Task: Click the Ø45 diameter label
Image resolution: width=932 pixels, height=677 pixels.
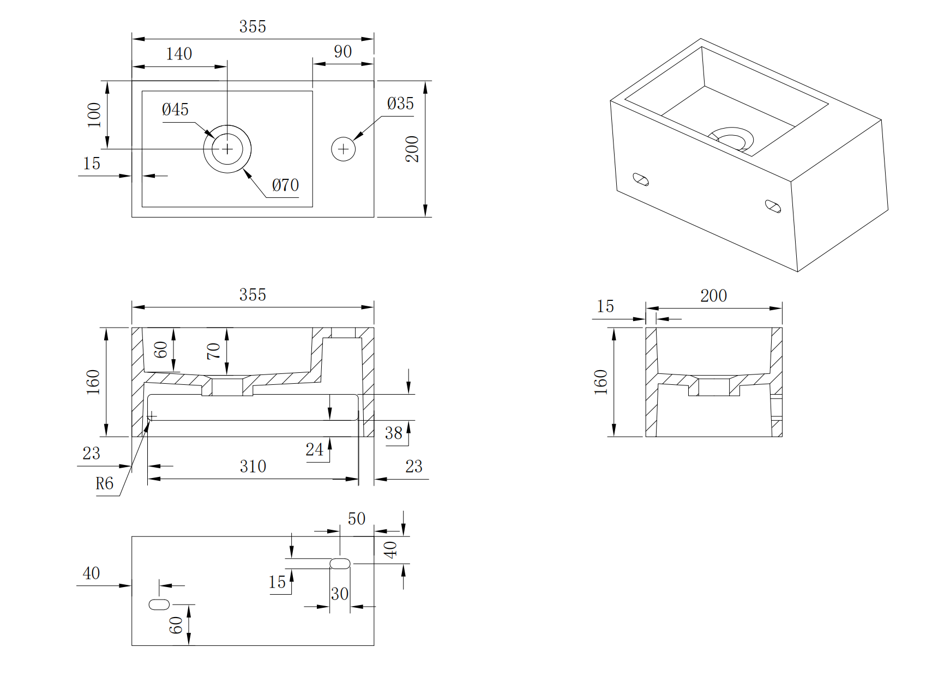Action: pyautogui.click(x=175, y=110)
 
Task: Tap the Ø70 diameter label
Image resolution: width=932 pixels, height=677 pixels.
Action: pyautogui.click(x=285, y=185)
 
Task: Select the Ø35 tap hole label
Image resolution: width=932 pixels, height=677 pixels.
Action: pyautogui.click(x=400, y=104)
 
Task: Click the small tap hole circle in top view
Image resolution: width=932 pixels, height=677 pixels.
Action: pyautogui.click(x=343, y=149)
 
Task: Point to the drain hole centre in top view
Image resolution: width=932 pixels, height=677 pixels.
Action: pyautogui.click(x=227, y=149)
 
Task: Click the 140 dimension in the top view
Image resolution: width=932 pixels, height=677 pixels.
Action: pyautogui.click(x=179, y=54)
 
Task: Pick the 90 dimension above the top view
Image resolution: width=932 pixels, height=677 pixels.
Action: pyautogui.click(x=342, y=52)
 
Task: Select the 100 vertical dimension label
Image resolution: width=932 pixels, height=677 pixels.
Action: pyautogui.click(x=94, y=115)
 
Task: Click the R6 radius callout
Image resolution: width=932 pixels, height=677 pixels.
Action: pyautogui.click(x=104, y=483)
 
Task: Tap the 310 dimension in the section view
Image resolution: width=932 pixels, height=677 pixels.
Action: pyautogui.click(x=253, y=467)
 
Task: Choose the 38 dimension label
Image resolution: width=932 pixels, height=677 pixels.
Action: pyautogui.click(x=393, y=433)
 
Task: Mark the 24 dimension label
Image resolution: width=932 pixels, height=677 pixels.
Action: pyautogui.click(x=314, y=450)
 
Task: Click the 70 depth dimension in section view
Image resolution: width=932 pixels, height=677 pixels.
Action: pyautogui.click(x=214, y=351)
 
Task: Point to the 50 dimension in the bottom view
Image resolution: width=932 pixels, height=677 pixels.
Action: pyautogui.click(x=356, y=518)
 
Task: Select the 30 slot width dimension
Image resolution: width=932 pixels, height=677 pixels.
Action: pyautogui.click(x=339, y=594)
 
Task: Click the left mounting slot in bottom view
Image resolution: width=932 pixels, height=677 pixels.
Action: pyautogui.click(x=159, y=604)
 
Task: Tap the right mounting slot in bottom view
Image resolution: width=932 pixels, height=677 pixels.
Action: pyautogui.click(x=340, y=563)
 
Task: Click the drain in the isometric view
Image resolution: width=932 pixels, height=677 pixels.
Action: pyautogui.click(x=732, y=138)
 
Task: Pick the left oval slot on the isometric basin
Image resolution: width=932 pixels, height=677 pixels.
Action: pyautogui.click(x=640, y=179)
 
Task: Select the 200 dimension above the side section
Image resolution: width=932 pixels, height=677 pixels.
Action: pyautogui.click(x=713, y=296)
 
